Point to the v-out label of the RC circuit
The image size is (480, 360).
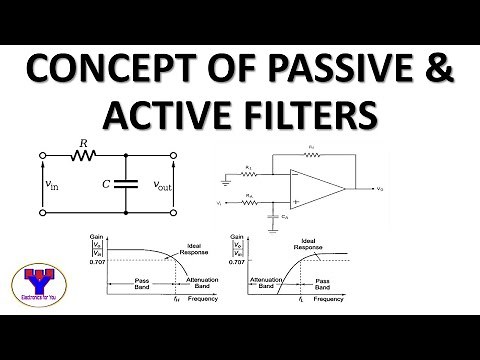coord(163,184)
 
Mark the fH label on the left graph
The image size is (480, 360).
coord(176,299)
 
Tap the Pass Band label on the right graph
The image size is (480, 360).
coord(325,283)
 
